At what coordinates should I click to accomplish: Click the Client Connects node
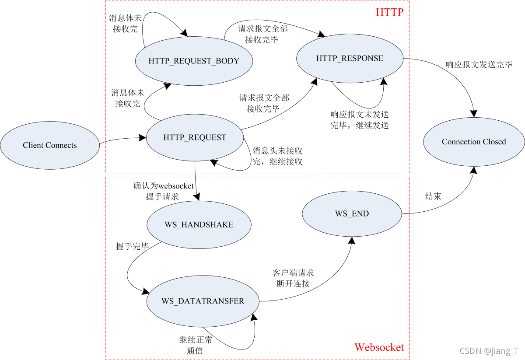click(x=49, y=146)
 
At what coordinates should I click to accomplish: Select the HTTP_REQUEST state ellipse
click(x=195, y=137)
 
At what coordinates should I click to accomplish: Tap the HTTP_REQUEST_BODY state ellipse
click(x=194, y=61)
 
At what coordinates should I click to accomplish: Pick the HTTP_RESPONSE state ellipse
click(x=350, y=58)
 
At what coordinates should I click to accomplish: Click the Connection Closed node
click(x=473, y=142)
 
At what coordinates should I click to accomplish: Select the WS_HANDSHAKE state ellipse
click(x=199, y=224)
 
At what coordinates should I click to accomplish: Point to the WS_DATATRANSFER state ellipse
click(x=203, y=301)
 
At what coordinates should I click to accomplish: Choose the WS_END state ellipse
click(x=352, y=213)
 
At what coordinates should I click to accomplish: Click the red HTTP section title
click(x=389, y=12)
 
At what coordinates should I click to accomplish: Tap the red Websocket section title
click(x=379, y=347)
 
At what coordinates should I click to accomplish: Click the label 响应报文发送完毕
click(x=479, y=65)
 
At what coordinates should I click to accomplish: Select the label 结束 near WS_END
click(x=433, y=196)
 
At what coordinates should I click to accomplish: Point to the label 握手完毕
click(x=132, y=247)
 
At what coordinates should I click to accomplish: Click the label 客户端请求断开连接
click(x=293, y=278)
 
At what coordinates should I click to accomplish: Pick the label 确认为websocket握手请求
click(x=163, y=191)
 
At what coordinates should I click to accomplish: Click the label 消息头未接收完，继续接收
click(x=277, y=156)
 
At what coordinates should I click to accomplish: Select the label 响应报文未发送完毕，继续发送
click(x=359, y=119)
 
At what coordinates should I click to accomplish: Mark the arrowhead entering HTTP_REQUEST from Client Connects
click(x=143, y=138)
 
